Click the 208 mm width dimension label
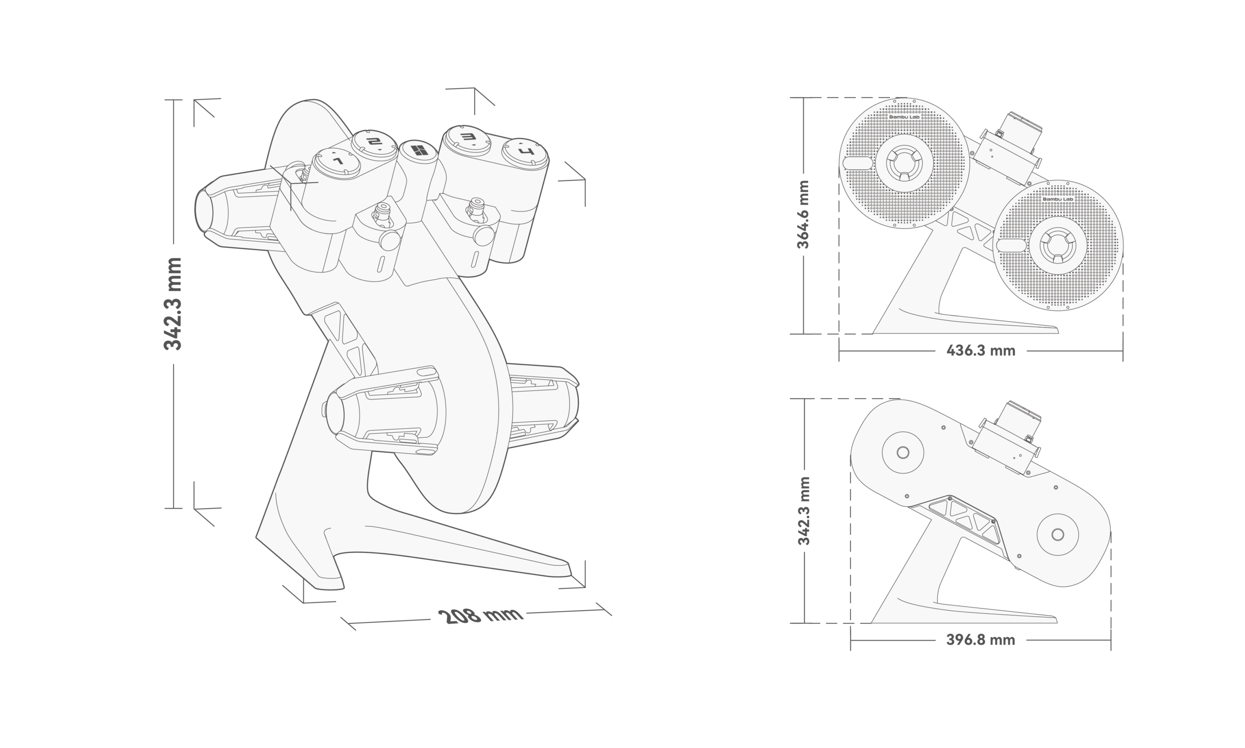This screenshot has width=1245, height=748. [x=480, y=616]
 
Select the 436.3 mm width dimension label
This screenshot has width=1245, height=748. [x=981, y=351]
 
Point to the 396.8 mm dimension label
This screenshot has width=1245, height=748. [x=980, y=640]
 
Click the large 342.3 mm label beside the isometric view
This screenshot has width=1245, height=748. [x=173, y=304]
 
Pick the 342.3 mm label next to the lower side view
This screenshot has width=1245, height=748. [x=803, y=511]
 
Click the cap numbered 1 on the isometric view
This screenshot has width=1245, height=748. [x=336, y=162]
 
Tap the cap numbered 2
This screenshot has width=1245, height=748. [x=373, y=142]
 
